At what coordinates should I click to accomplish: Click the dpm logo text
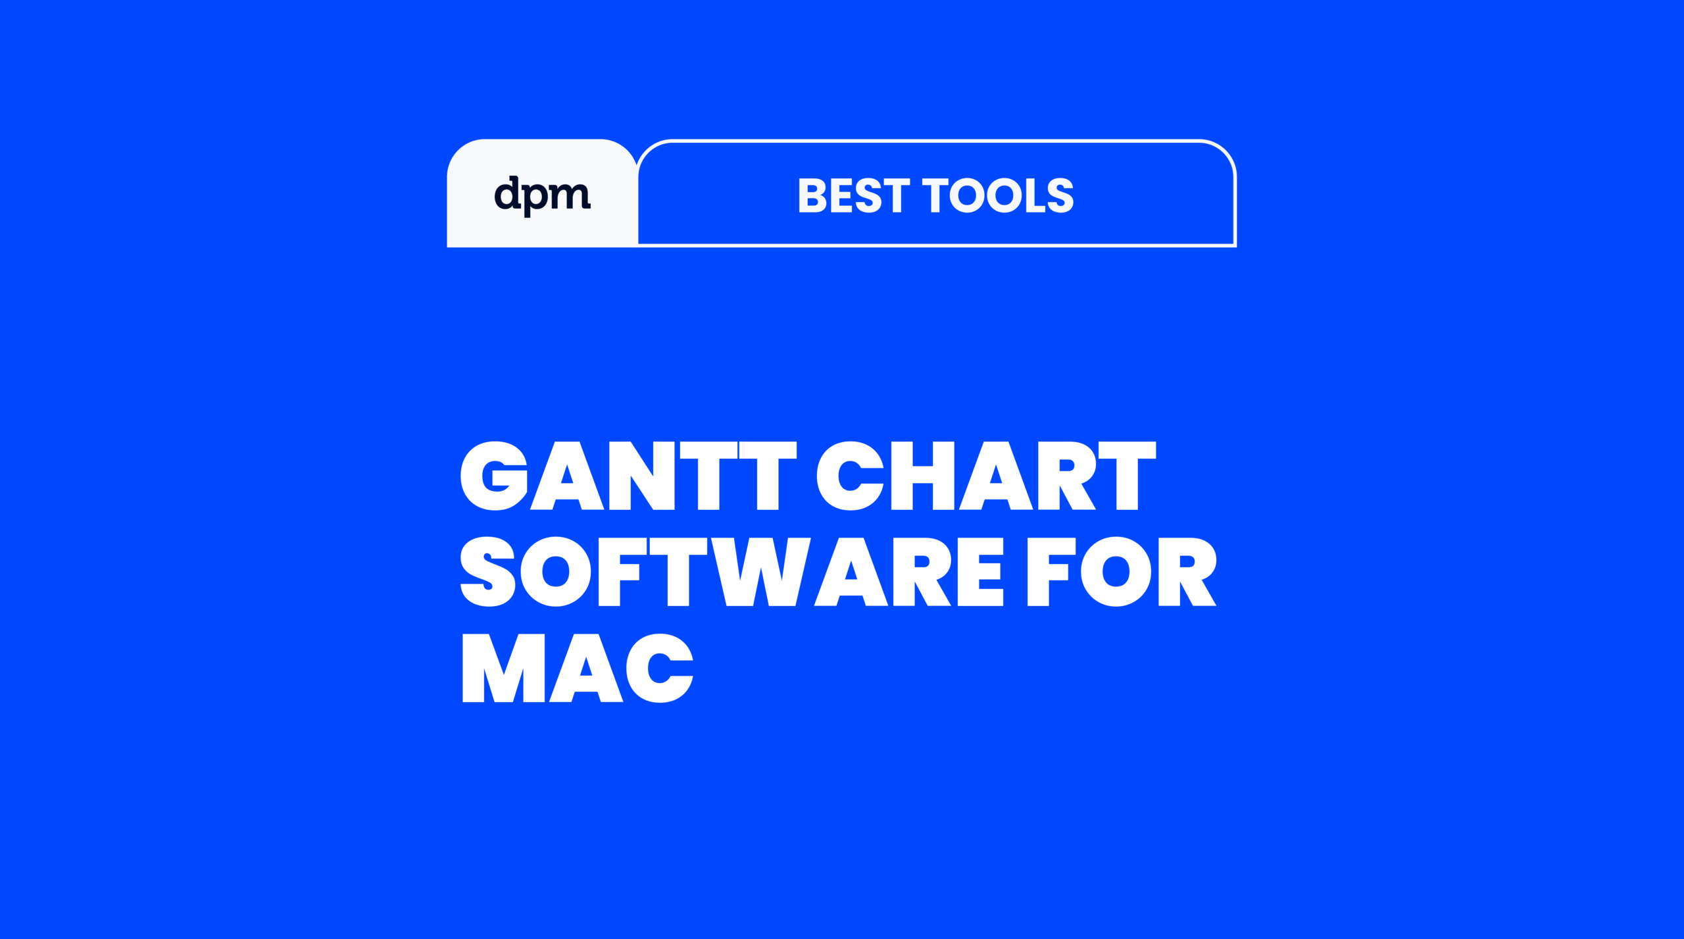(542, 195)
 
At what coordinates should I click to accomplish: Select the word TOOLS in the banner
(998, 195)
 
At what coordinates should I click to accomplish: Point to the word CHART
(985, 476)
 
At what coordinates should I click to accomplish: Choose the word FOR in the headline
(1122, 571)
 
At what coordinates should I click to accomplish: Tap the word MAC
(578, 668)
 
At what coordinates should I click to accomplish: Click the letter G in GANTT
(494, 476)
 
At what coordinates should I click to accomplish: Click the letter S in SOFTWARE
(487, 571)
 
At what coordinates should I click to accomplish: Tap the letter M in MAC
(504, 668)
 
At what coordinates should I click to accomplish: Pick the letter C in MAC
(660, 668)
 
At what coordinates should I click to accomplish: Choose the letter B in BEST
(812, 195)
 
